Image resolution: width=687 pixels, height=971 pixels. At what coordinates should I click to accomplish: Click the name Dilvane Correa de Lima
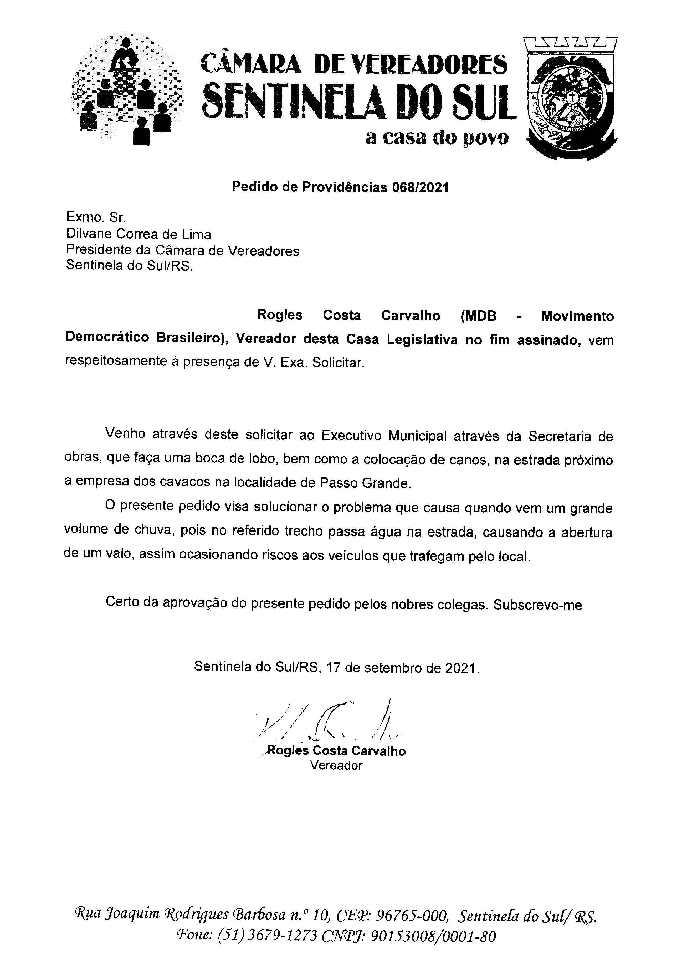138,234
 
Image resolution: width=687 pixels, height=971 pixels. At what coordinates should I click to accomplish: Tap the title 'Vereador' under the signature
336,766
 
